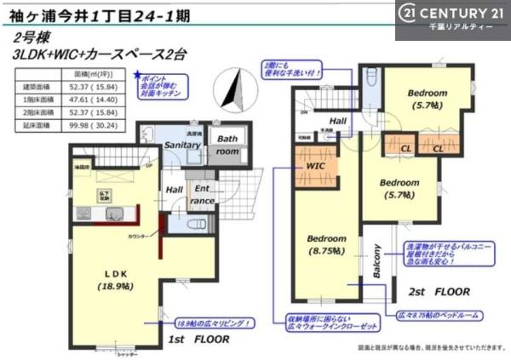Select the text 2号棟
click(31, 38)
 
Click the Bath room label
click(227, 144)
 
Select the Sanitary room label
click(181, 146)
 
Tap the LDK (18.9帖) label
click(116, 278)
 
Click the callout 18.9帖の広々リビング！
click(213, 323)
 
